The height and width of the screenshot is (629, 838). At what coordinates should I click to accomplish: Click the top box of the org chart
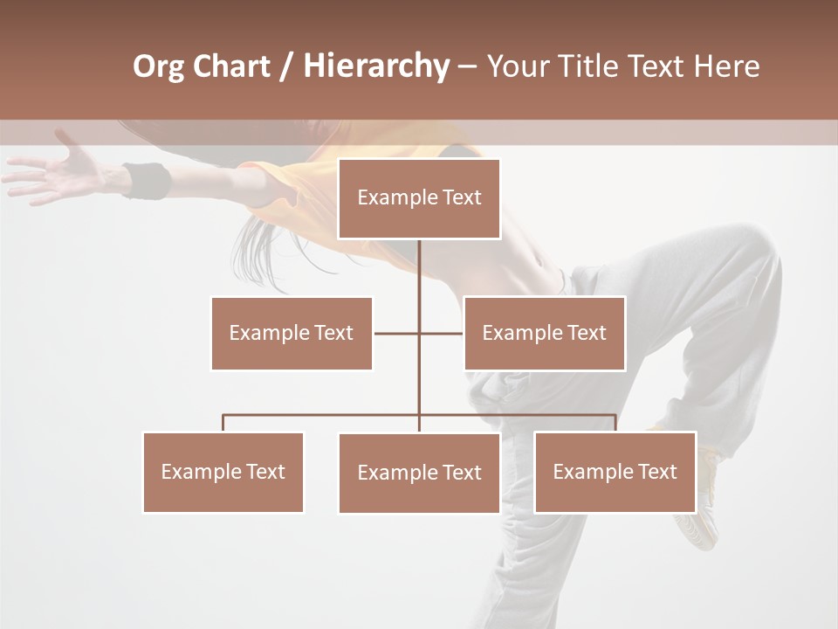tap(419, 198)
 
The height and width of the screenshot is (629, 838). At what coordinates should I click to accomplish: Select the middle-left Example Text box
tap(292, 333)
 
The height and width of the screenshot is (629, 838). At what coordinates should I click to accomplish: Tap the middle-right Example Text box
tap(544, 333)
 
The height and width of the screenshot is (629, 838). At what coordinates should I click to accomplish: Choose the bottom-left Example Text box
tap(223, 472)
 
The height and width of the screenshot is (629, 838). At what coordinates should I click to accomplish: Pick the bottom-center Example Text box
tap(419, 473)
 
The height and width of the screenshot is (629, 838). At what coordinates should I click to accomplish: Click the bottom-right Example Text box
tap(615, 472)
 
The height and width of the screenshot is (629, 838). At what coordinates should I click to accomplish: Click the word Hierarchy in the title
tap(376, 66)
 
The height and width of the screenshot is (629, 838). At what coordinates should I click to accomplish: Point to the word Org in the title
tap(158, 66)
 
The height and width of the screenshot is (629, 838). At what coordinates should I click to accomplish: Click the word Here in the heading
tap(726, 66)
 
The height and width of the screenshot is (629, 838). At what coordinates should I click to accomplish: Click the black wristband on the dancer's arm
tap(147, 181)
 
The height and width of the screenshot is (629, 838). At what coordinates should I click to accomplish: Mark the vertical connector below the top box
tap(419, 271)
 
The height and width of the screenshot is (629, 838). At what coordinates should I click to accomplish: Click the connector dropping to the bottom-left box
tap(223, 423)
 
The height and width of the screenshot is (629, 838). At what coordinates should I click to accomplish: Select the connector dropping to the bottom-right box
tap(615, 423)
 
